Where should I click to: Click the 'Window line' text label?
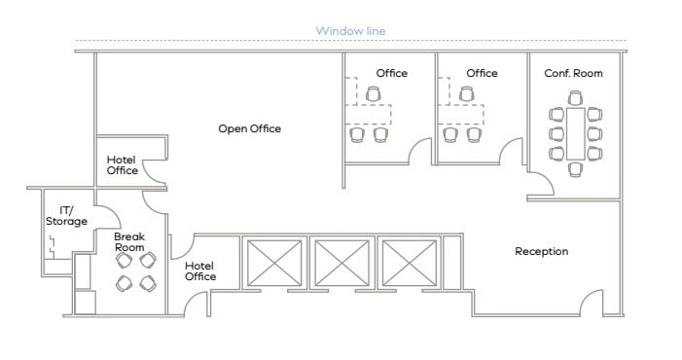(x=350, y=31)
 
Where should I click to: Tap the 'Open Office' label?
(x=250, y=128)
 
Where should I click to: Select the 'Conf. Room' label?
(x=573, y=73)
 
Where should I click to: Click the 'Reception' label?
(x=542, y=251)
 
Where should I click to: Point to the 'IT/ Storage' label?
(x=66, y=216)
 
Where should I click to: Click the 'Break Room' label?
(x=129, y=242)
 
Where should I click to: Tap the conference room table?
(x=575, y=134)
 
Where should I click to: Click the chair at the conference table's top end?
(x=575, y=98)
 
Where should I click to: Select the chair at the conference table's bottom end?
(x=575, y=169)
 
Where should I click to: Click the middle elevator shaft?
(x=341, y=263)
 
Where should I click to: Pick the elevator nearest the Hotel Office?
(x=274, y=263)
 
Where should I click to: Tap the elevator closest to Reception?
(x=410, y=263)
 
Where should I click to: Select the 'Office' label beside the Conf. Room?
(x=482, y=73)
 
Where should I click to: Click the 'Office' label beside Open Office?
(x=391, y=73)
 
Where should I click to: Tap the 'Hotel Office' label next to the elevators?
(x=200, y=271)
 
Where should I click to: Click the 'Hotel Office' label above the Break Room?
(x=123, y=165)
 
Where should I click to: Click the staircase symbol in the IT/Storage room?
(x=52, y=247)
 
